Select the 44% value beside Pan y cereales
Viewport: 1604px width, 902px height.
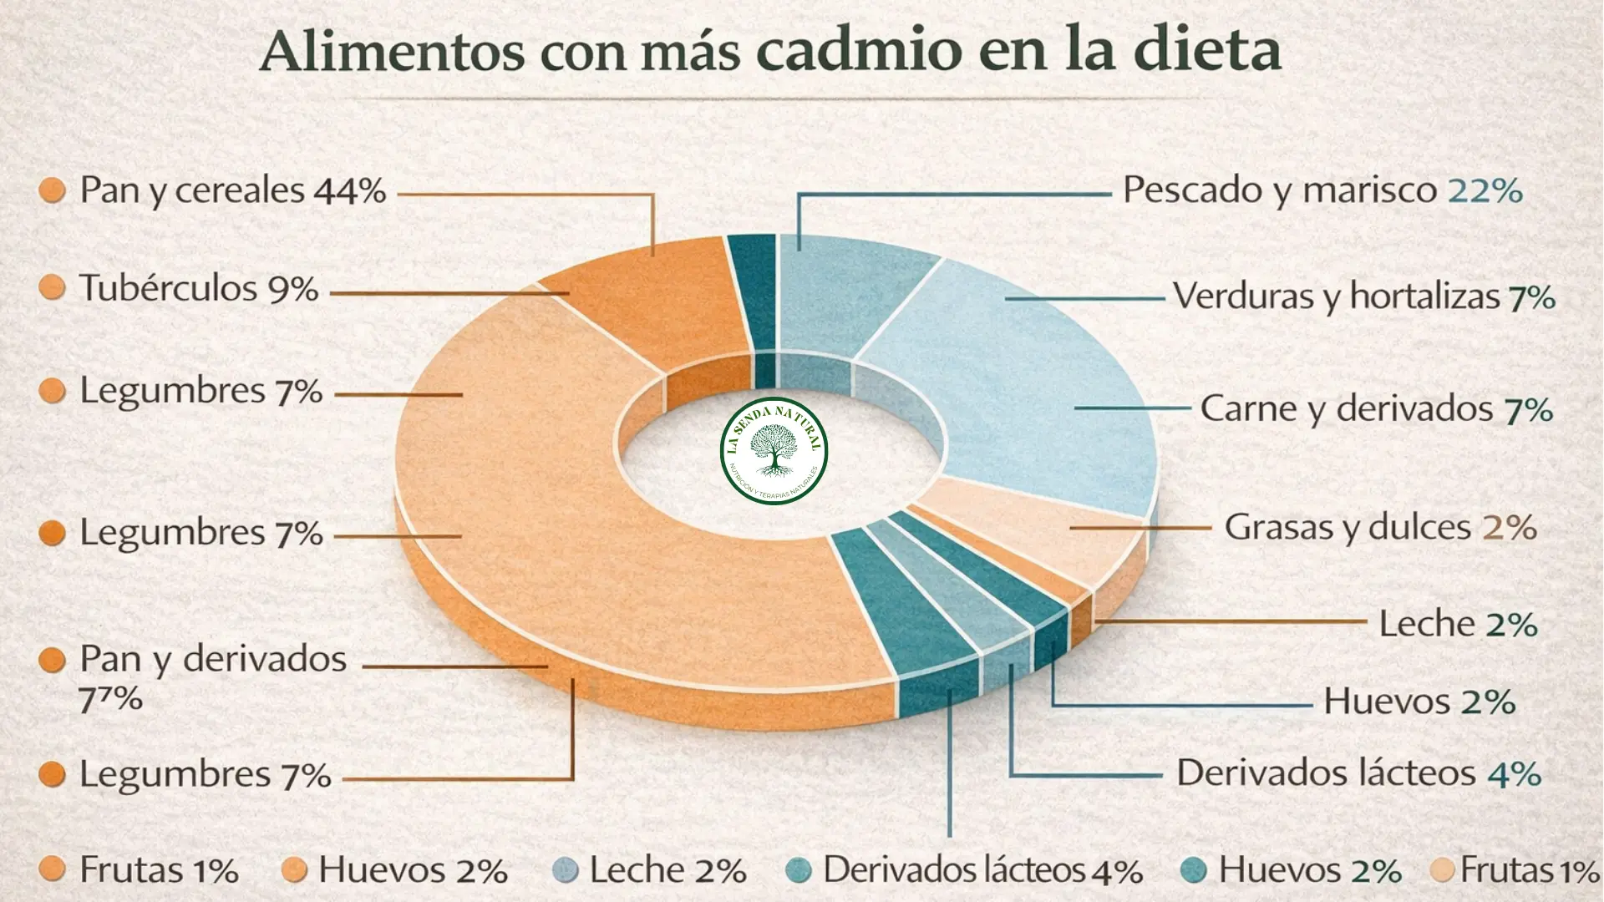click(350, 191)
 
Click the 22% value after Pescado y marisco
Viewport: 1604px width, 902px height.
click(1485, 191)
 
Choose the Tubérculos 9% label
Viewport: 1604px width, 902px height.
click(198, 289)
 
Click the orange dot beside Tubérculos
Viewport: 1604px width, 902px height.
click(52, 288)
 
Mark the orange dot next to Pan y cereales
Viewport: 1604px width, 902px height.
click(52, 190)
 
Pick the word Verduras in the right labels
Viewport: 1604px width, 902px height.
click(1242, 296)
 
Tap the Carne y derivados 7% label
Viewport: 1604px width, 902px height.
click(1376, 409)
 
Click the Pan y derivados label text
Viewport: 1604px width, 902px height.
click(212, 660)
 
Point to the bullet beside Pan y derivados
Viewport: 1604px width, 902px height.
click(52, 660)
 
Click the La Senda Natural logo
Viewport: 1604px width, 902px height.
click(774, 451)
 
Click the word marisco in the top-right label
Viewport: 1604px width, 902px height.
click(1369, 191)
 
